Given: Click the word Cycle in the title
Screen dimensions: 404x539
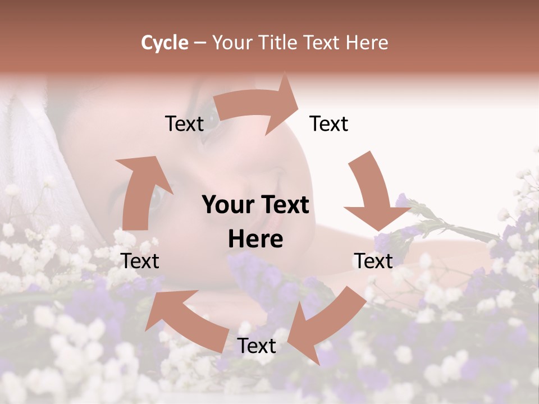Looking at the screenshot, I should pos(165,43).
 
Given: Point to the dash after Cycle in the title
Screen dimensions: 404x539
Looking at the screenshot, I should pos(200,43).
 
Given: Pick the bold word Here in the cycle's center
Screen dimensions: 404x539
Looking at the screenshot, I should pos(255,239).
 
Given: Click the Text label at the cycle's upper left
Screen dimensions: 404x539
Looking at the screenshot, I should pos(184,124).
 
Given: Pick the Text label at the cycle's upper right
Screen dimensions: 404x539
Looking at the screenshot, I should pos(329,124).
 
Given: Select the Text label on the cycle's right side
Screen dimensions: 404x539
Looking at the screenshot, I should pos(373,261).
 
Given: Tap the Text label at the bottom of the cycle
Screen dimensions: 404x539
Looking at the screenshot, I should pos(257,346).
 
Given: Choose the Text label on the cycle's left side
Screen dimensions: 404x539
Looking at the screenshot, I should pos(140,261).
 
